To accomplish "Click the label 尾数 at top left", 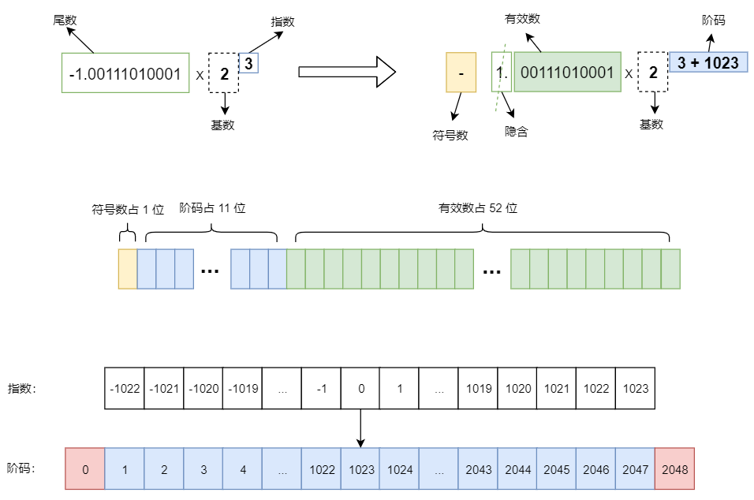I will tap(64, 20).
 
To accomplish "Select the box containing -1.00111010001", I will tap(125, 73).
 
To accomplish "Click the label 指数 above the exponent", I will tap(282, 22).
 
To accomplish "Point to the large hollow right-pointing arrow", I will tap(346, 73).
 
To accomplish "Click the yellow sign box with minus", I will tap(461, 73).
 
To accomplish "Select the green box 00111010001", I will tap(567, 73).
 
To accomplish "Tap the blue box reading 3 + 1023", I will tap(707, 62).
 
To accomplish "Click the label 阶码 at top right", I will tap(713, 21).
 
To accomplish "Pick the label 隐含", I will tap(516, 132).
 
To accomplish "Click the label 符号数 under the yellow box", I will tap(450, 135).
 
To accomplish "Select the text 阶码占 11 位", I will tap(213, 208).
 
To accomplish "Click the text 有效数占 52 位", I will tap(478, 208).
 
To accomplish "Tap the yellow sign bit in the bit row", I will tap(128, 268).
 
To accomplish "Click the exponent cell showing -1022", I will tap(125, 388).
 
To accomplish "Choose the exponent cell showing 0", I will tap(360, 388).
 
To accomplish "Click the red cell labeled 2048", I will tap(674, 469).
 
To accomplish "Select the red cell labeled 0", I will tap(85, 469).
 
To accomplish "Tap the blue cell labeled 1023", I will tap(360, 469).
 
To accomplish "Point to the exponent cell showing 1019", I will tap(478, 388).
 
